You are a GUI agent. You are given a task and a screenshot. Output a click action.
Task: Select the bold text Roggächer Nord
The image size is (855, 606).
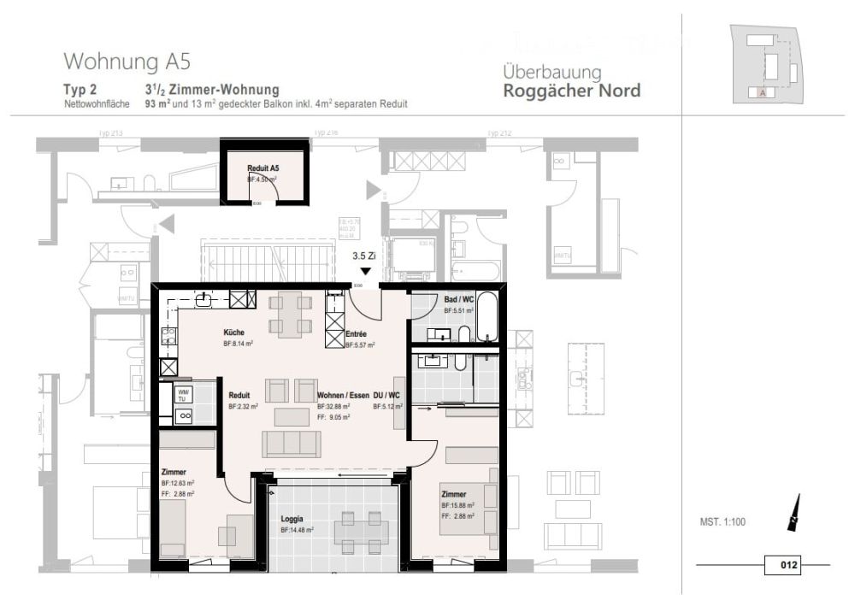pos(571,91)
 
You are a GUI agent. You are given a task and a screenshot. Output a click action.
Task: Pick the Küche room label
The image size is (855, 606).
pos(235,332)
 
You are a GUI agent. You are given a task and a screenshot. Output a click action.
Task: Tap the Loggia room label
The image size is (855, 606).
pos(292,519)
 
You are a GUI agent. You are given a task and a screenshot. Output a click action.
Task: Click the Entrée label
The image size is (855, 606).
pos(356,334)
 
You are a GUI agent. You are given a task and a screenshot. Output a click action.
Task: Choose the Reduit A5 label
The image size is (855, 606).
pos(262,168)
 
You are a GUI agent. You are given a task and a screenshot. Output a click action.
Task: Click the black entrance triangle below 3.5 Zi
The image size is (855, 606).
pos(365,271)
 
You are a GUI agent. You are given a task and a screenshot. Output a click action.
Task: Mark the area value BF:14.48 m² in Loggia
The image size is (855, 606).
pos(297,531)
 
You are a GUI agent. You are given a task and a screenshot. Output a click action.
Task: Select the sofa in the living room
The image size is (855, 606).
pos(292,444)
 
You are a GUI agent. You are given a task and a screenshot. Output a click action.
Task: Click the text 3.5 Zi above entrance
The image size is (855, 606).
pos(365,256)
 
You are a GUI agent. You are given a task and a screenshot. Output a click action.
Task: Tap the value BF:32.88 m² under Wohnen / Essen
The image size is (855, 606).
pos(333,408)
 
